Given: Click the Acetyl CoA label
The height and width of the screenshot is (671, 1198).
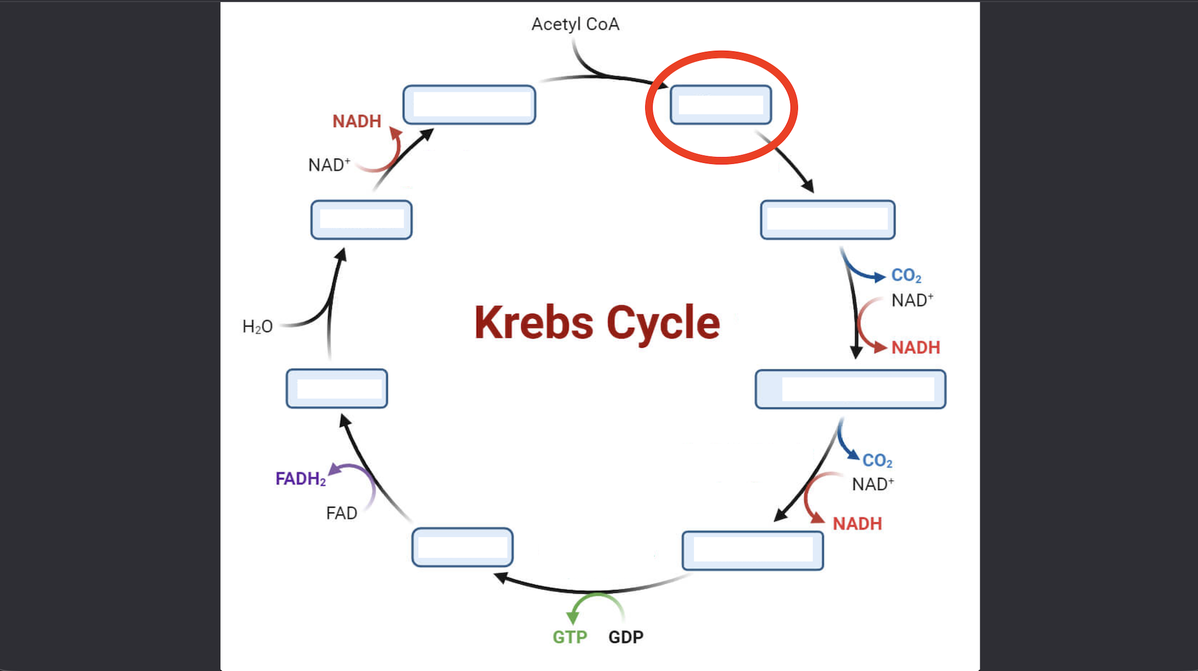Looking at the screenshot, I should coord(575,24).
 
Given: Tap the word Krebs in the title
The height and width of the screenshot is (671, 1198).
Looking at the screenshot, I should coord(533,322).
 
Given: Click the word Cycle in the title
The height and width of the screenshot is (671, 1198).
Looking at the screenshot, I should coord(663,322).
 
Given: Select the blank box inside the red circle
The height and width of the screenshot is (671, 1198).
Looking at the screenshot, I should coord(721,105).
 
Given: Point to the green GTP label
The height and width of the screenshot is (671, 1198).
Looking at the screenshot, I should coord(570,637).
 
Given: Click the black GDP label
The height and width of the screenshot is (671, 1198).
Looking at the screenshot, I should coord(626,637).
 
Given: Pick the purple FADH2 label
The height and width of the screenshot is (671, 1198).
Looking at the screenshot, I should coord(300,479).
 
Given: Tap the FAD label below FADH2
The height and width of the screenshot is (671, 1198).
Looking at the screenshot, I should coord(341,513).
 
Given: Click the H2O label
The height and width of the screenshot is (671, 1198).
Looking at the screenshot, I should coord(257,327).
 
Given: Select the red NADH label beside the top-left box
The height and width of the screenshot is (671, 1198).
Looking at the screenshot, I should coord(356,121).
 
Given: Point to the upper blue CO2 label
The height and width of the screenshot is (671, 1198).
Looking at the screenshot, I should coord(906,276).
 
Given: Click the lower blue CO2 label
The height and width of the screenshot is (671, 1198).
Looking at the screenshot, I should coord(877,461).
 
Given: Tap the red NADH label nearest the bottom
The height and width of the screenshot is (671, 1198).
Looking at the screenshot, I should coord(857,523).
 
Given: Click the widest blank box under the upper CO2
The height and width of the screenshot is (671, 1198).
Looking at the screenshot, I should coord(850,389).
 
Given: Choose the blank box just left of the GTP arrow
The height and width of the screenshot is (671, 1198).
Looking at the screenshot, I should coord(462,547).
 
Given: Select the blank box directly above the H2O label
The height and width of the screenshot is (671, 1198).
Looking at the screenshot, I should coord(361,219).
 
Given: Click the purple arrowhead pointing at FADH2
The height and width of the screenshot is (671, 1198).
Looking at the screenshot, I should coord(334,469).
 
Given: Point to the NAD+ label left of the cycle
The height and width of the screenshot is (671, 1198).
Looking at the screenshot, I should coord(329,165).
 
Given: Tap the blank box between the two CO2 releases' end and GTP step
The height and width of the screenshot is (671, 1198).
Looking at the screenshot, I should coord(752,550).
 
